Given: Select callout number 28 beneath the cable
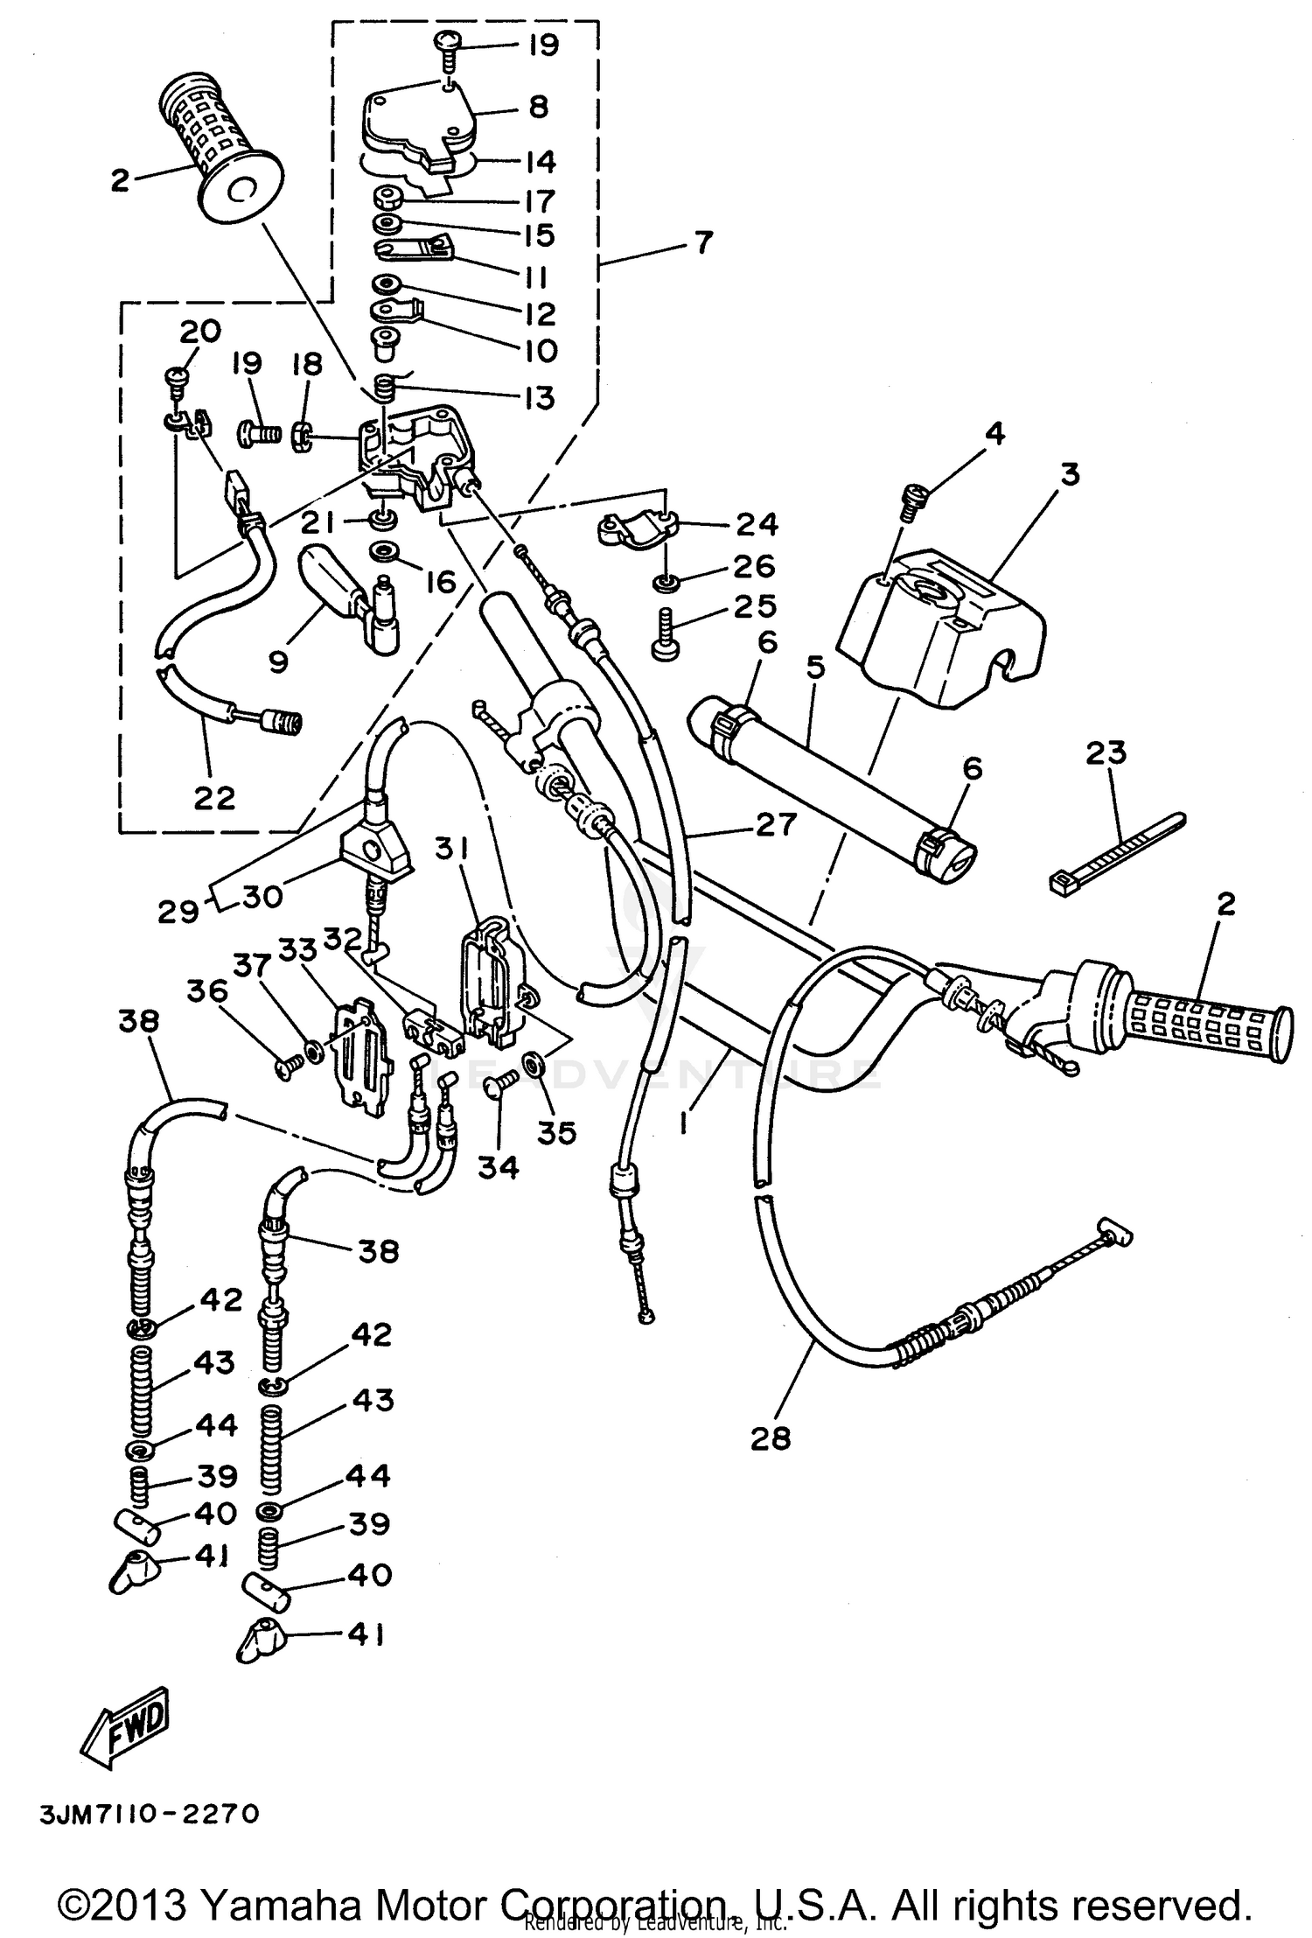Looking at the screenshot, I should pyautogui.click(x=770, y=1438).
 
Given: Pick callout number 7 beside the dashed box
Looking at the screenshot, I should pyautogui.click(x=703, y=241).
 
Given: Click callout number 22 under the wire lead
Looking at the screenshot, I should pyautogui.click(x=214, y=798).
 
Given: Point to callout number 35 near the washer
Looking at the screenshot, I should pyautogui.click(x=556, y=1132).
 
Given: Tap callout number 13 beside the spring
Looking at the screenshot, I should pyautogui.click(x=541, y=398).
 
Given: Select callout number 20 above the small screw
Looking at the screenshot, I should pyautogui.click(x=200, y=332).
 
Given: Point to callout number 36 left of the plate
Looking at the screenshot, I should pyautogui.click(x=206, y=992).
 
